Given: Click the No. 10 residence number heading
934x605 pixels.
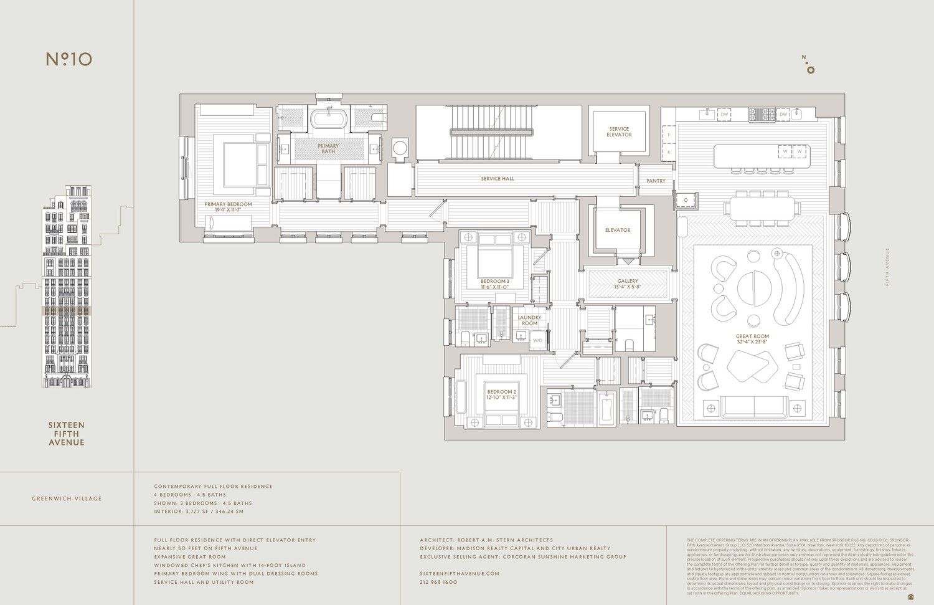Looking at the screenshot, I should tap(69, 59).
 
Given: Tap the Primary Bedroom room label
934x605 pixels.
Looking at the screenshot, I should tap(228, 207).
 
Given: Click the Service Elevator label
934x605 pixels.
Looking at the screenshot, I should tap(619, 131).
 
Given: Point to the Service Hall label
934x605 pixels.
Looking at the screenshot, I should tap(498, 179).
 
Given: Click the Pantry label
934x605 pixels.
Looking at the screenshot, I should tap(656, 181).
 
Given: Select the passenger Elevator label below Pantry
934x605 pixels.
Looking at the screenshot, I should tap(618, 230).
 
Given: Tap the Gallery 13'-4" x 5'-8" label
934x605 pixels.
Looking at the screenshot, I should tap(628, 283).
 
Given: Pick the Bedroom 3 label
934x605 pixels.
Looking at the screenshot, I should tap(494, 284).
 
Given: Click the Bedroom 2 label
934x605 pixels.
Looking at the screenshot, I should tap(501, 394).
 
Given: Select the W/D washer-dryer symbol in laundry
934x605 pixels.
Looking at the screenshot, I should tap(537, 340).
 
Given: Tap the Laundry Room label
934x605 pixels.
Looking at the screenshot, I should tap(529, 320).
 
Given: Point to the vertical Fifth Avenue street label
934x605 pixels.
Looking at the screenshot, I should tap(887, 267).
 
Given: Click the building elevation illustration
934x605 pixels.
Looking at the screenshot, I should tap(67, 287).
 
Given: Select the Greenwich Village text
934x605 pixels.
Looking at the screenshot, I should tap(67, 498).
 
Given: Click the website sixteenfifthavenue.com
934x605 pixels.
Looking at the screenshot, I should tap(460, 573).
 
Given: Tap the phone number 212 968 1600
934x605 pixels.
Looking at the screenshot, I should tap(438, 582).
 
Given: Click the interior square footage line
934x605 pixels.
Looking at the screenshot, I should tap(199, 512).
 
